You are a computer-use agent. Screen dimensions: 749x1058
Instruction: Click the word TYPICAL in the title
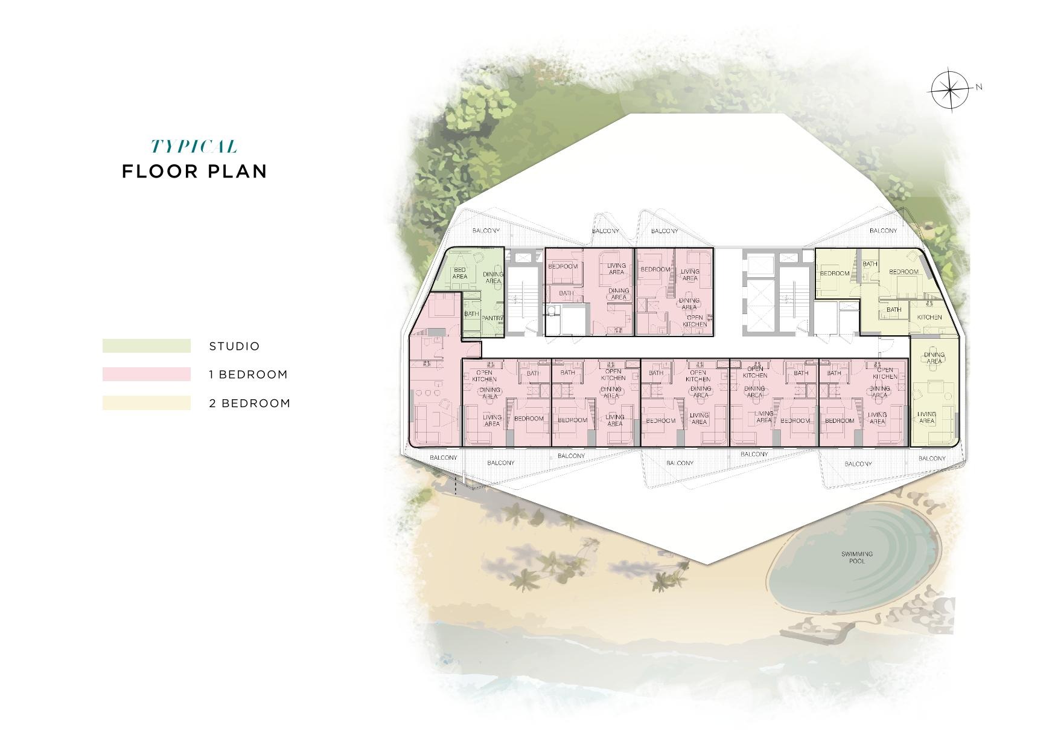[x=194, y=147]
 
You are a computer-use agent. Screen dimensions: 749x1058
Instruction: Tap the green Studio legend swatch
[x=146, y=346]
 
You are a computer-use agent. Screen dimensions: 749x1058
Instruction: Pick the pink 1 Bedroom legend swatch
[x=146, y=374]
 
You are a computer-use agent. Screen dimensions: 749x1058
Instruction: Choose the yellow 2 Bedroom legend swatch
[x=146, y=403]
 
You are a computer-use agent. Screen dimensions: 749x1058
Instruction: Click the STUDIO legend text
[x=234, y=347]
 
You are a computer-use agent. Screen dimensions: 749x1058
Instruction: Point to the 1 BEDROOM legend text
[x=248, y=374]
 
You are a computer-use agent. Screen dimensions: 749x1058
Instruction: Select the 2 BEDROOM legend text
[x=249, y=403]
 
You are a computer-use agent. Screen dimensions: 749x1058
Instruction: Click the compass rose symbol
[x=949, y=90]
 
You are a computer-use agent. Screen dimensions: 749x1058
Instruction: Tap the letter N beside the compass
[x=979, y=87]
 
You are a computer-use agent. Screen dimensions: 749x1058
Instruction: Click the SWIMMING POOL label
[x=857, y=558]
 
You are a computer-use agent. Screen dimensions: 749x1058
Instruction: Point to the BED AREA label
[x=460, y=273]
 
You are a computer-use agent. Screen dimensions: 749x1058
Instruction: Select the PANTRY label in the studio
[x=492, y=318]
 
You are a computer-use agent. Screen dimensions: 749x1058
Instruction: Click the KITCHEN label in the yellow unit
[x=929, y=317]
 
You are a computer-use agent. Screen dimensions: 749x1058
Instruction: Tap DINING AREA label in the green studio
[x=493, y=277]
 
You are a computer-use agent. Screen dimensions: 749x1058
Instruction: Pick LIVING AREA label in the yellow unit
[x=926, y=417]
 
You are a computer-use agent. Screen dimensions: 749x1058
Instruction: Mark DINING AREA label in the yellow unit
[x=934, y=358]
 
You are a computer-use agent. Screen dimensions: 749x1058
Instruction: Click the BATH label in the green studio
[x=471, y=314]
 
